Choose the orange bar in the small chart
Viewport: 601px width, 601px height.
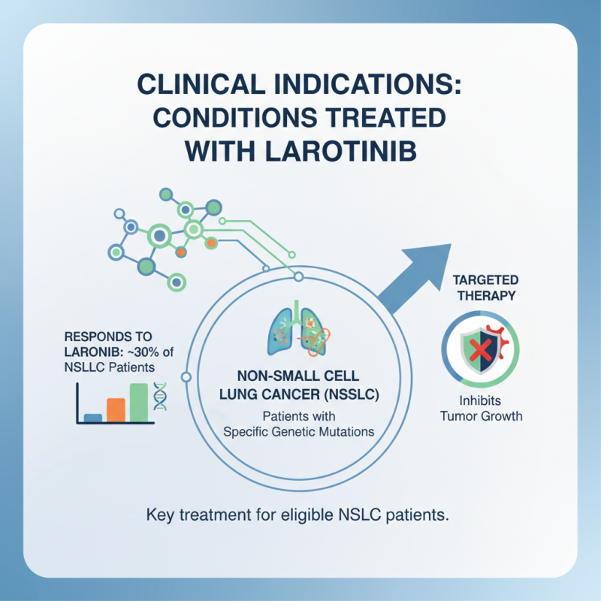116,409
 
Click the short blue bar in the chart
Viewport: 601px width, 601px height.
93,417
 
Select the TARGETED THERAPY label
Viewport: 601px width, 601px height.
484,286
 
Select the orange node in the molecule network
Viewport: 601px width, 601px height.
212,243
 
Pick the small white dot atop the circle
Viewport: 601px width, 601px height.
298,278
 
